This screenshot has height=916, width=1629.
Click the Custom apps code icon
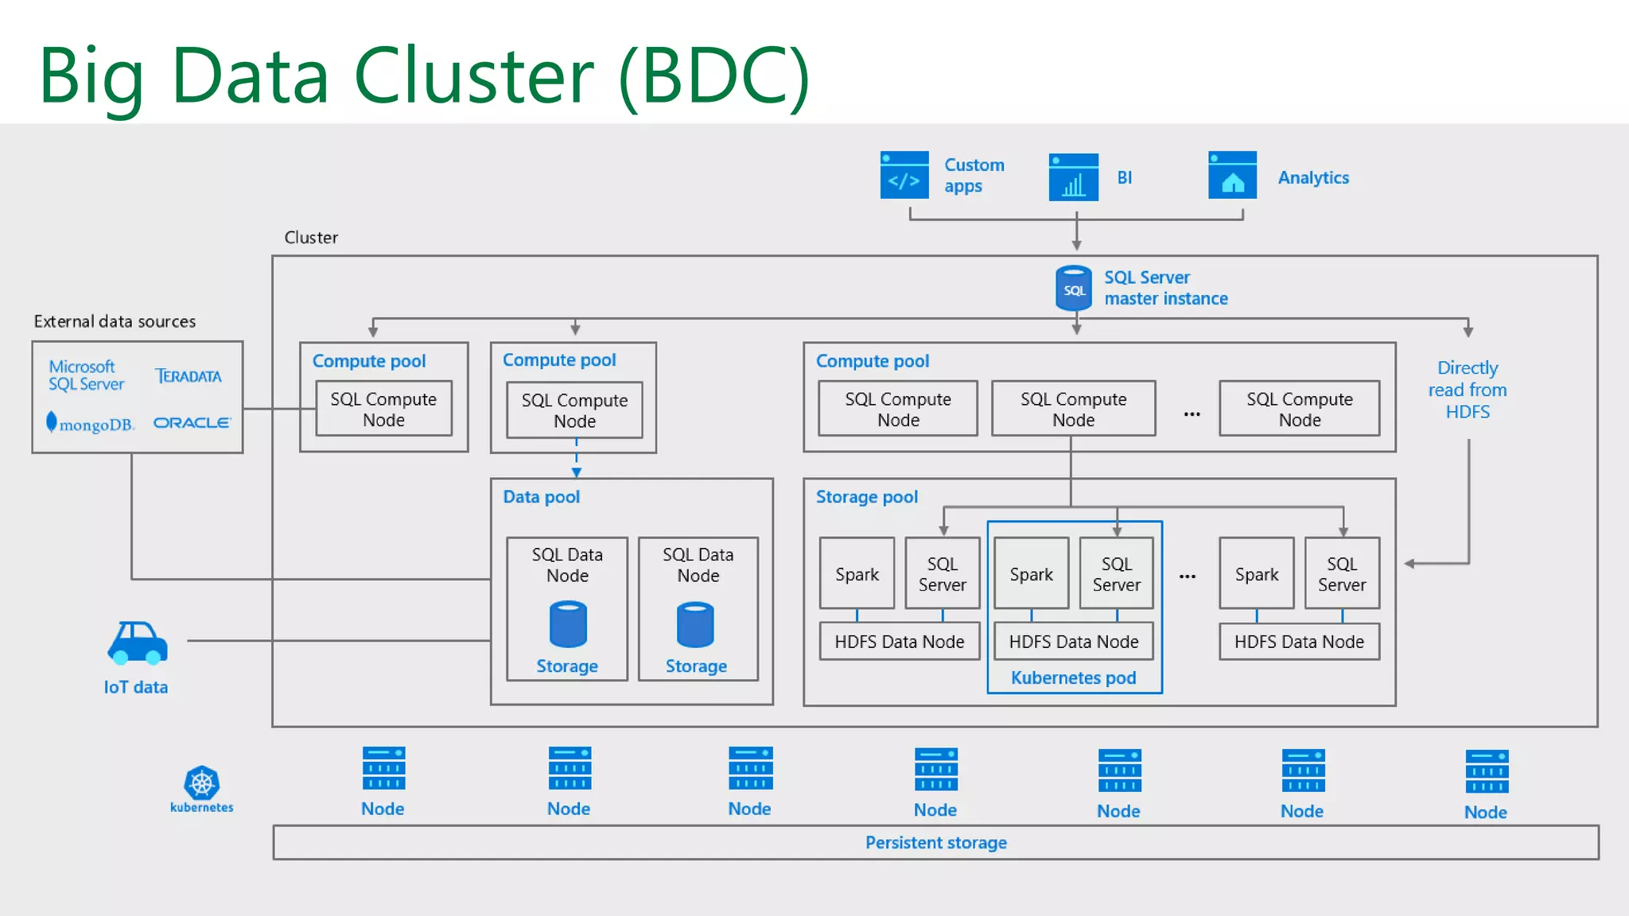click(904, 176)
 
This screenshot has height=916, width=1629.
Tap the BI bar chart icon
click(1073, 177)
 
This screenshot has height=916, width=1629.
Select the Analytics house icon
click(1232, 176)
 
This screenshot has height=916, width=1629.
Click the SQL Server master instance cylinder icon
click(1073, 288)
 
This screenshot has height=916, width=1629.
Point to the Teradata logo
click(189, 376)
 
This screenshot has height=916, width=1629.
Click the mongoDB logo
click(90, 423)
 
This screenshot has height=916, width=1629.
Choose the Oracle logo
click(192, 423)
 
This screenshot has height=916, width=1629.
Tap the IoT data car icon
click(138, 643)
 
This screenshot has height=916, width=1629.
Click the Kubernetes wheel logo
click(201, 783)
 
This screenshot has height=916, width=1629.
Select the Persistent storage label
click(935, 843)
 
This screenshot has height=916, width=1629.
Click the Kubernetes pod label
click(1073, 678)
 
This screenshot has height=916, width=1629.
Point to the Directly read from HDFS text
click(1468, 390)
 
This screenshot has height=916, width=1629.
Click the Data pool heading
click(541, 497)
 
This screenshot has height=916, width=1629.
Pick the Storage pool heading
click(866, 497)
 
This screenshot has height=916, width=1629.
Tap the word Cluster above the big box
click(311, 238)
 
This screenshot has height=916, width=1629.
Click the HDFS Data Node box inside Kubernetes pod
click(1073, 642)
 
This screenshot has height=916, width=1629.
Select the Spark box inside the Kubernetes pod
click(1031, 574)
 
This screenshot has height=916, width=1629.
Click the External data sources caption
click(115, 321)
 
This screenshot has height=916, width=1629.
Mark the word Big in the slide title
click(91, 77)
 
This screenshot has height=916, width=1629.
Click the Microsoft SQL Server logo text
click(86, 375)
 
